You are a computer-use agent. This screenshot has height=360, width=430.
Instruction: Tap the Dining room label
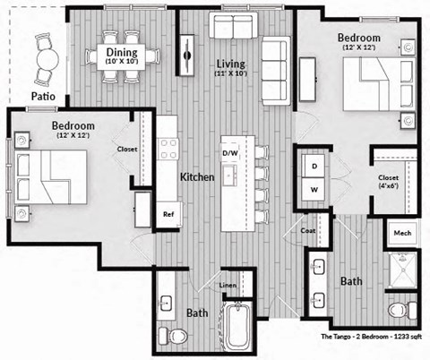pos(121,53)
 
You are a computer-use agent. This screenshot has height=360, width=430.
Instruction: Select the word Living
pos(231,64)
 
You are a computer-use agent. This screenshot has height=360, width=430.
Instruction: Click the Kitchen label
pos(196,178)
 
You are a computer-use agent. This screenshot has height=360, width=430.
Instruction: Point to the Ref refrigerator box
pos(168,214)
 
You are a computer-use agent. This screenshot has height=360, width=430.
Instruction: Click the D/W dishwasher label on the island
pos(231,153)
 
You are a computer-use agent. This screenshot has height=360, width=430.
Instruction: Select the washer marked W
pos(314,190)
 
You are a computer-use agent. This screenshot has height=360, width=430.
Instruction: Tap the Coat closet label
pos(309,229)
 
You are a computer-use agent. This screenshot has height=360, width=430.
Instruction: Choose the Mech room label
pos(401,234)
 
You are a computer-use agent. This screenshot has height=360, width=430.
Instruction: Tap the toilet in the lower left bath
pos(178,336)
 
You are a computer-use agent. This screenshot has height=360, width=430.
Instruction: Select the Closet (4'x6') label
pos(387,183)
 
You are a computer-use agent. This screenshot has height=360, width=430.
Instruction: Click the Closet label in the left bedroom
pos(127,150)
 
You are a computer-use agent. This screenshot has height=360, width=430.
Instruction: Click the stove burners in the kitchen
pos(168,150)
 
